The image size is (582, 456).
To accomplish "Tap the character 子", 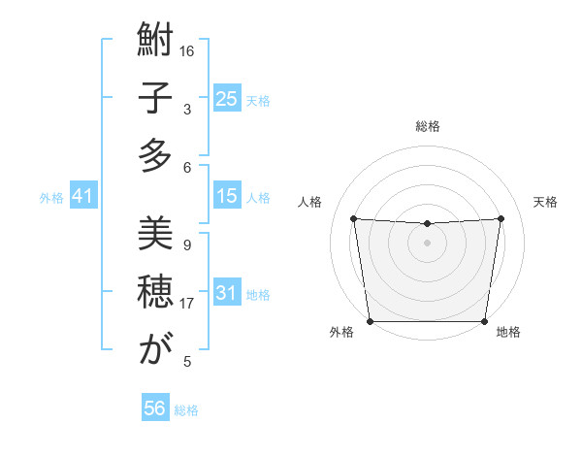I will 154,100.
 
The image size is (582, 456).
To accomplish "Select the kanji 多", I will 154,155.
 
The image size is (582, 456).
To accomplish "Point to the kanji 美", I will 154,234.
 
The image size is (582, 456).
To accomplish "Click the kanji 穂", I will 154,290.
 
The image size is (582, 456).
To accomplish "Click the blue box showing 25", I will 226,99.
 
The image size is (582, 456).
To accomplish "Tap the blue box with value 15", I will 226,196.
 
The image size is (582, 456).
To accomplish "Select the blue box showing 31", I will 226,293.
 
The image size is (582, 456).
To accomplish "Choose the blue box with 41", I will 82,197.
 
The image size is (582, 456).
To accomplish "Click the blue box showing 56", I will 155,408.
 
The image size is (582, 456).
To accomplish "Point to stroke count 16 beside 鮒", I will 187,51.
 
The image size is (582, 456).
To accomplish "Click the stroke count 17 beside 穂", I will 187,304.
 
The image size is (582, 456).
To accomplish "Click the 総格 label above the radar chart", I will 427,126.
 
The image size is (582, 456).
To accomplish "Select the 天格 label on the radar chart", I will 546,202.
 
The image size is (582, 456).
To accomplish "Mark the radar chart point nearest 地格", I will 485,321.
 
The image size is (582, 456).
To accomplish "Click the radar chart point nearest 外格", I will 370,321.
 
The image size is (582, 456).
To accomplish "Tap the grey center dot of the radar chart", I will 427,243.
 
